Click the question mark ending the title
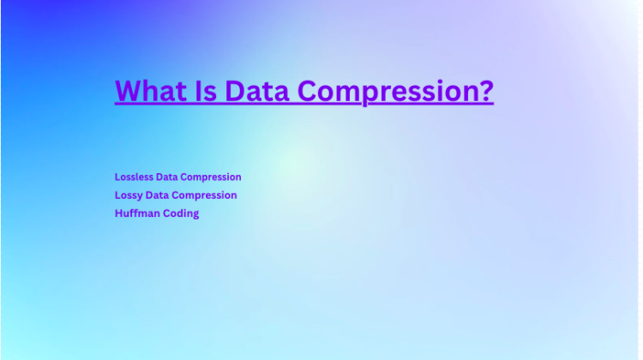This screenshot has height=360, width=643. click(x=486, y=91)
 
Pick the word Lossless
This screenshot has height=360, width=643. click(x=134, y=177)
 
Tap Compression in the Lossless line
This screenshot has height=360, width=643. click(x=212, y=177)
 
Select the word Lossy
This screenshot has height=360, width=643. click(x=129, y=195)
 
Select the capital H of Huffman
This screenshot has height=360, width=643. click(x=118, y=213)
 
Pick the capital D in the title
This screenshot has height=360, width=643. click(x=235, y=91)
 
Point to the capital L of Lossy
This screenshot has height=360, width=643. click(x=117, y=195)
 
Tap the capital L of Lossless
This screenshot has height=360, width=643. click(x=117, y=177)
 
